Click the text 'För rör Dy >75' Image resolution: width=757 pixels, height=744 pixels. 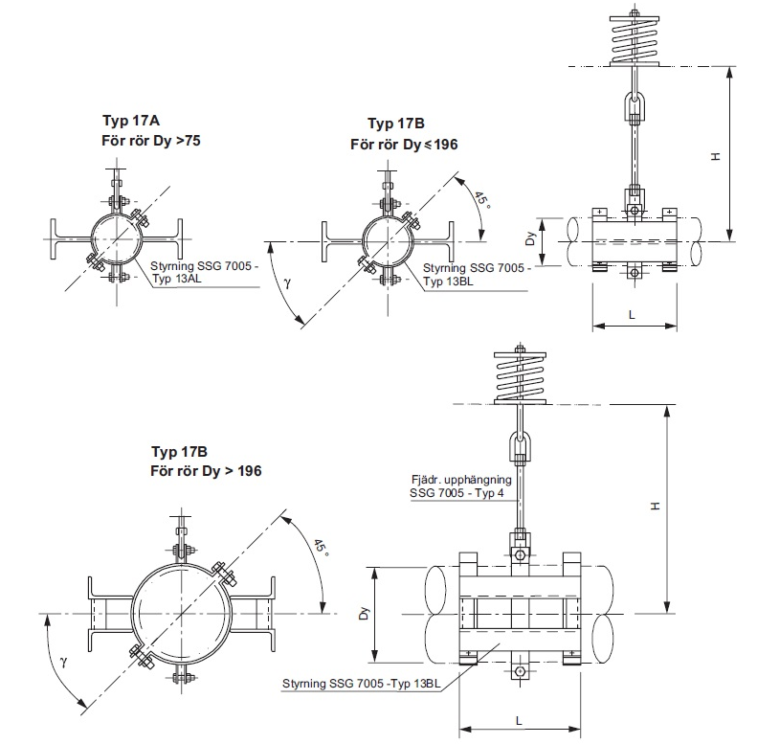click(x=151, y=140)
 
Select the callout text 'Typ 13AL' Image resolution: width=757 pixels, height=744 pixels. click(x=178, y=279)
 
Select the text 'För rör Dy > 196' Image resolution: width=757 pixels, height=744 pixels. click(x=206, y=471)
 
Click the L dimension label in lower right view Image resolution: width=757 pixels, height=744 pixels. click(x=518, y=717)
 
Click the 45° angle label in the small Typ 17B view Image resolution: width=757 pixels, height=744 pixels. click(x=482, y=200)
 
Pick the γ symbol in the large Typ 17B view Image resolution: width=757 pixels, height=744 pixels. click(x=64, y=662)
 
